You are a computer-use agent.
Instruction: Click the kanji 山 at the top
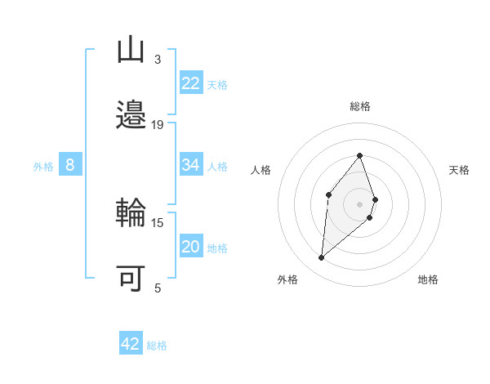point(131,51)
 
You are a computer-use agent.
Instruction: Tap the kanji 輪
point(131,214)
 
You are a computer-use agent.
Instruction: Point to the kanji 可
point(131,278)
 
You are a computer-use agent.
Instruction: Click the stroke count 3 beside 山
point(158,60)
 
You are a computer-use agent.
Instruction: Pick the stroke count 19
point(158,124)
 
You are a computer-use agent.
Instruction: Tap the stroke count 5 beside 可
point(158,288)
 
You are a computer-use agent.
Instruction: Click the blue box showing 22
point(191,83)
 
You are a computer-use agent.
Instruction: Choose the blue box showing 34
point(191,165)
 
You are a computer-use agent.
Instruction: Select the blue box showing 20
point(191,247)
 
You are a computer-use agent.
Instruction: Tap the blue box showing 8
point(70,165)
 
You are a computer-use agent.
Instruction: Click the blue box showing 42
point(131,344)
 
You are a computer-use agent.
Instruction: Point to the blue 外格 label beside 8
point(43,167)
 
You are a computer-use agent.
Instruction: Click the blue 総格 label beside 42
point(157,346)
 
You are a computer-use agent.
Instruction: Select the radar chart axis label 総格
point(359,106)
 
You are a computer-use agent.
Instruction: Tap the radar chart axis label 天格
point(459,170)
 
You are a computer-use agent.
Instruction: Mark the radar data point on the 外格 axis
point(322,258)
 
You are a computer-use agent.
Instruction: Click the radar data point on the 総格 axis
point(359,155)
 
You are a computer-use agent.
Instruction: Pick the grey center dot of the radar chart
point(359,203)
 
